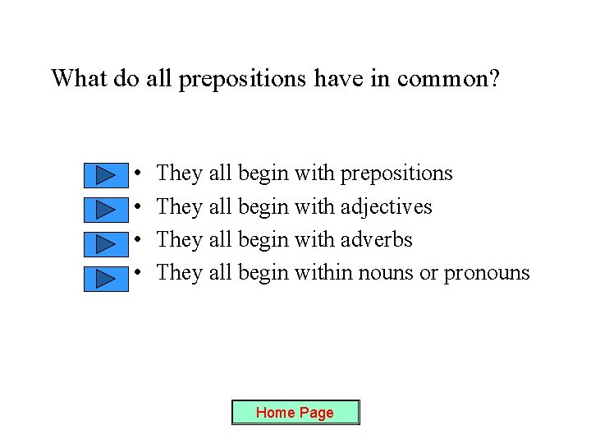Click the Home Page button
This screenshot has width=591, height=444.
295,412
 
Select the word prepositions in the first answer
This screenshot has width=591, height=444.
396,173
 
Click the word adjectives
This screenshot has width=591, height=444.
386,206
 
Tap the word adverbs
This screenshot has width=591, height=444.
377,239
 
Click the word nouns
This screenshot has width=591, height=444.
387,272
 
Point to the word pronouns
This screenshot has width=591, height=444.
487,272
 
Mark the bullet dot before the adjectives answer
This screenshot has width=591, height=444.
140,207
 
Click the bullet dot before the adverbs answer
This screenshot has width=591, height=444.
140,240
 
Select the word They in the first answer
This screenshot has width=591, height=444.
179,173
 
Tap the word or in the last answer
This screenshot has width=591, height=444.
428,272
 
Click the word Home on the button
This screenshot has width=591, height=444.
271,412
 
